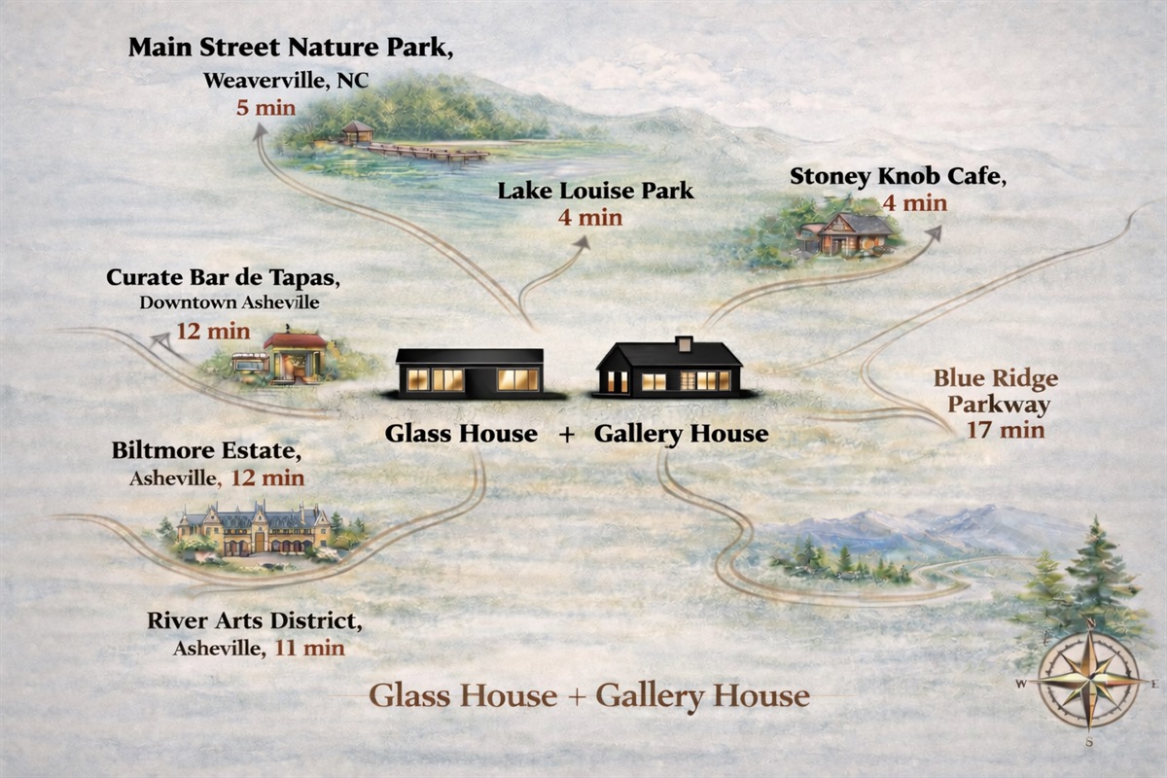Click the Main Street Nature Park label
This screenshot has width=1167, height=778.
(290, 49)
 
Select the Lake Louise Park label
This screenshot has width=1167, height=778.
(595, 191)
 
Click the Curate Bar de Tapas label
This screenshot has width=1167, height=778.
(223, 277)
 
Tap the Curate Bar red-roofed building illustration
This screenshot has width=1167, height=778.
(296, 356)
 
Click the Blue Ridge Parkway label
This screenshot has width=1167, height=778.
(996, 391)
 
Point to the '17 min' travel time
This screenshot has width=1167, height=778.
(1006, 429)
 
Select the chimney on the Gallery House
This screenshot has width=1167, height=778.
(685, 343)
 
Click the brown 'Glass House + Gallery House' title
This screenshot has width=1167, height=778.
(588, 696)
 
